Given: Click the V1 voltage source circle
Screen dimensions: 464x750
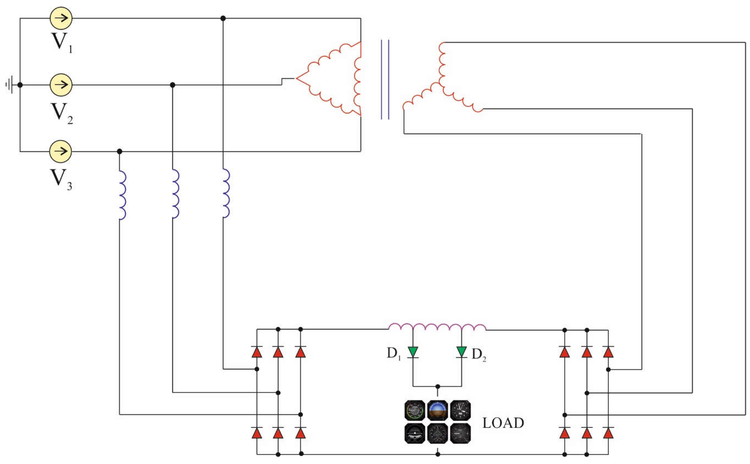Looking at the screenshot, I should pos(61,18).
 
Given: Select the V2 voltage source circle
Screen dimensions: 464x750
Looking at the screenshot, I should pos(61,85).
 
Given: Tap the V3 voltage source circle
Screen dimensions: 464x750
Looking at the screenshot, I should pos(61,151).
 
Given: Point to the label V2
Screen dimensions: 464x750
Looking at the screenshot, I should pos(62,113).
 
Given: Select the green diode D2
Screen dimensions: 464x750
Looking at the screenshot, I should pos(461,352).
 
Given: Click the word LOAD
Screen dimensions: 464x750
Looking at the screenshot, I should pos(503,423).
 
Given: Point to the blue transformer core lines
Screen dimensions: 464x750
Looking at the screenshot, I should pos(385,79).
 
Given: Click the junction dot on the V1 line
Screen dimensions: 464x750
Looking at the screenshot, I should pos(223,18).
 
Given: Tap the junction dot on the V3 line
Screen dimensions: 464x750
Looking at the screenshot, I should pos(119,151).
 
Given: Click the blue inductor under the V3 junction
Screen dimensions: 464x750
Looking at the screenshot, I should pos(122,195).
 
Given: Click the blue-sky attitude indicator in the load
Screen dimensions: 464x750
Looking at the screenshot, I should pos(437,410).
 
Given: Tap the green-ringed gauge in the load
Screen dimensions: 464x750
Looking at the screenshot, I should pos(415,410).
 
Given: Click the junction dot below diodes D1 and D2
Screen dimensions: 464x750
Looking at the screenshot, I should pos(438,386).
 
